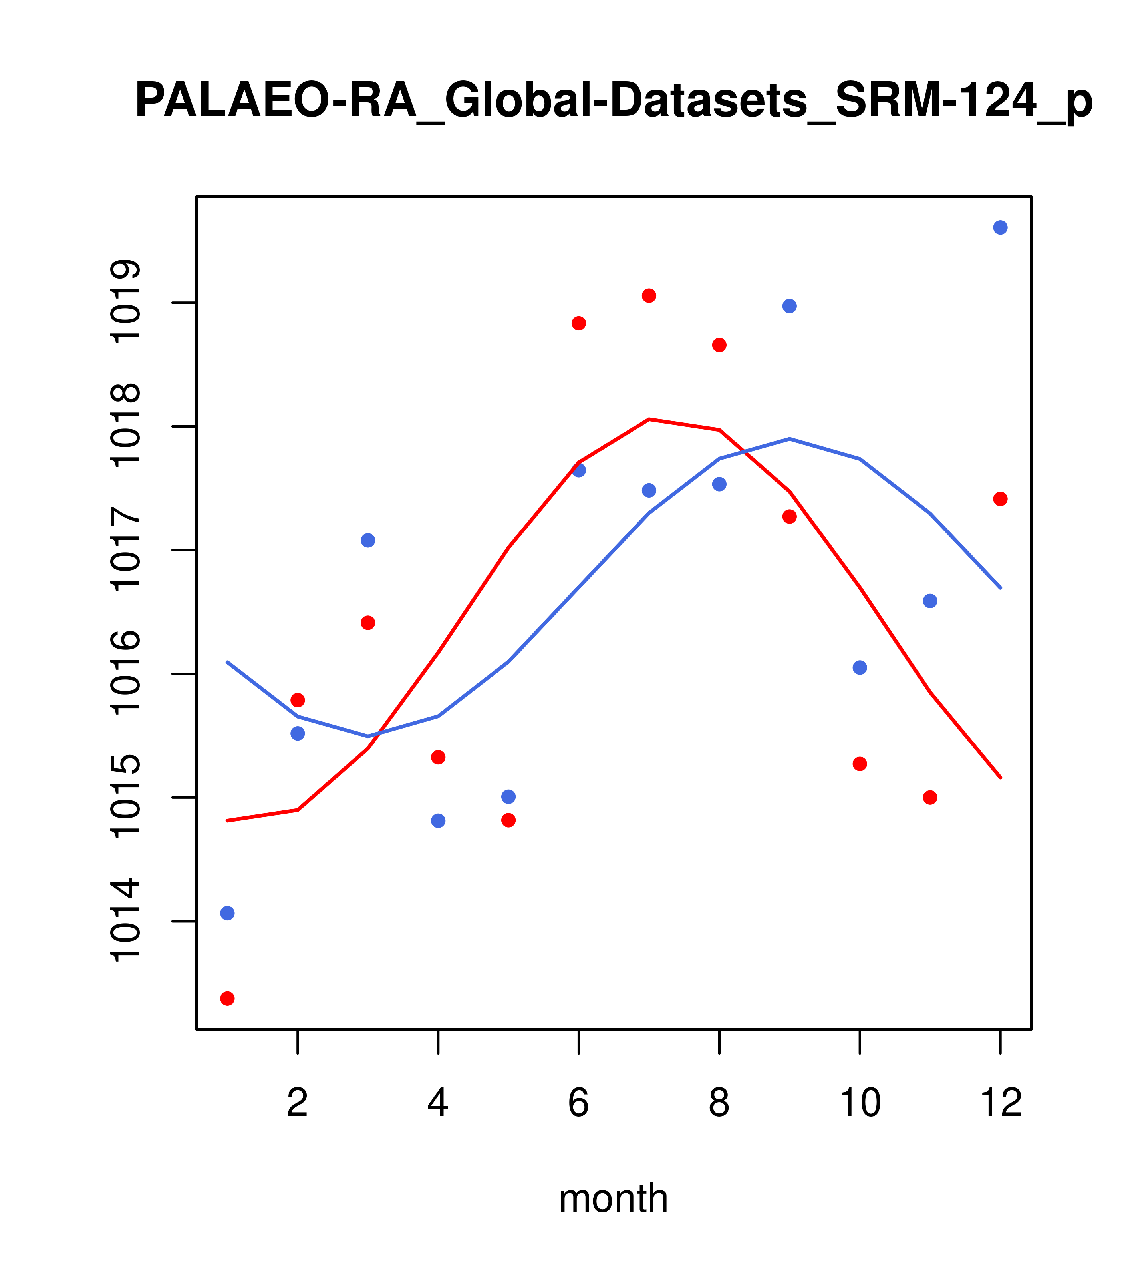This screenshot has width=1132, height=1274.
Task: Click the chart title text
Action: click(x=613, y=101)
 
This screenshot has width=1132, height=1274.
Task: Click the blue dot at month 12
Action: click(x=1000, y=227)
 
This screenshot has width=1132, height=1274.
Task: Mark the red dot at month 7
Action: click(x=649, y=295)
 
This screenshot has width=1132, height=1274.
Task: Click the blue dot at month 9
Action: click(x=789, y=306)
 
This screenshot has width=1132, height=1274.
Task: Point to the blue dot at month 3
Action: click(x=368, y=540)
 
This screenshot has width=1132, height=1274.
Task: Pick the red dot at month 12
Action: click(x=1000, y=499)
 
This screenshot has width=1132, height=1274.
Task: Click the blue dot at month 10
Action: click(x=860, y=667)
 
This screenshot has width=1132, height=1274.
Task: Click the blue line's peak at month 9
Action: click(x=789, y=439)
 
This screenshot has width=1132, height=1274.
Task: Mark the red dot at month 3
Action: click(x=368, y=623)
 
